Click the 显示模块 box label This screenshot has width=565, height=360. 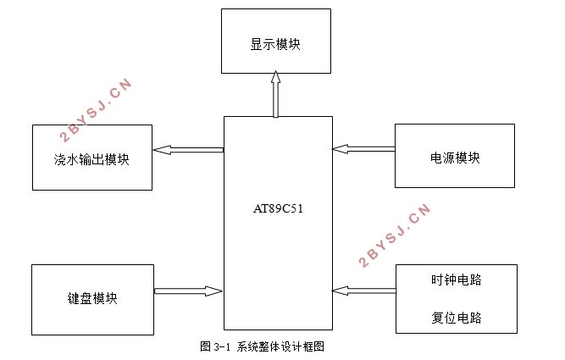pos(275,44)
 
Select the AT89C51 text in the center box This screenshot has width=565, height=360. pos(278,208)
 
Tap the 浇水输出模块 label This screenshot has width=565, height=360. pos(91,159)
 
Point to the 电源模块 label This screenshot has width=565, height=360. pos(455,158)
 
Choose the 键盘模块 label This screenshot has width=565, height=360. pos(92,298)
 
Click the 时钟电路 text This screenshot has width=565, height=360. pos(457,280)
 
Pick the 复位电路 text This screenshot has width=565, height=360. pos(457,318)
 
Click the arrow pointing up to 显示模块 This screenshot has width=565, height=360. pos(275,94)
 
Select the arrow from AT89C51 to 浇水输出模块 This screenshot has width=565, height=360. pos(188,150)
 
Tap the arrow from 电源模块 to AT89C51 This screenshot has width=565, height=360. pos(363,149)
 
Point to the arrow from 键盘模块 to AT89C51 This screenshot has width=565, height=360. pos(188,291)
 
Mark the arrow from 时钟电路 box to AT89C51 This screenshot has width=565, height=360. pos(364,291)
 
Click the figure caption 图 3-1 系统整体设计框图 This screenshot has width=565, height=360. pos(263,346)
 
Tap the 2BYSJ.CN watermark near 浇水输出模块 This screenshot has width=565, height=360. pos(96,109)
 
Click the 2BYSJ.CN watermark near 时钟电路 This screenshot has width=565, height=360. pos(395,235)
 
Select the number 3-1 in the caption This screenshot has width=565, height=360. pos(222,347)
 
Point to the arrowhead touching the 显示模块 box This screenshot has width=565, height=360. pos(275,77)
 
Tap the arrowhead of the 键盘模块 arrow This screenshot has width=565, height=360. pos(213,291)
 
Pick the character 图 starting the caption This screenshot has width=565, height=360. pos(205,346)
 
